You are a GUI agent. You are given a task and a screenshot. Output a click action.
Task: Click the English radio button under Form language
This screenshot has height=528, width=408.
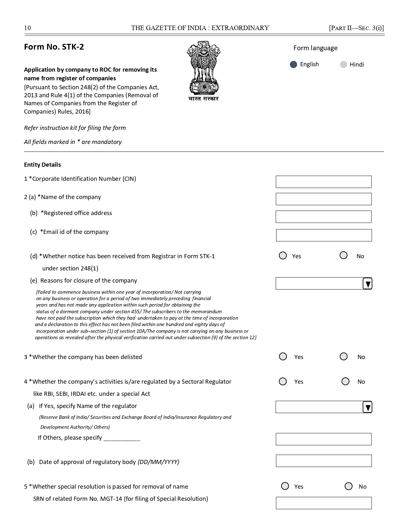point(293,65)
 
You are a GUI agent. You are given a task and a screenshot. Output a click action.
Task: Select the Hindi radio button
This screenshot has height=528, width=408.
point(343,65)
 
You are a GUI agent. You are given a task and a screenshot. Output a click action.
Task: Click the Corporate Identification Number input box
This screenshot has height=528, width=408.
point(324,182)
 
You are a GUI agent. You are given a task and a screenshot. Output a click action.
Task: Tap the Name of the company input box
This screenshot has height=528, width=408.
point(324,199)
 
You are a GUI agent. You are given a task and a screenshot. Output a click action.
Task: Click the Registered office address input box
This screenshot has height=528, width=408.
point(324,217)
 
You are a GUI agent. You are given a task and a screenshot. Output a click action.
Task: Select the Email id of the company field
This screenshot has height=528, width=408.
point(324,235)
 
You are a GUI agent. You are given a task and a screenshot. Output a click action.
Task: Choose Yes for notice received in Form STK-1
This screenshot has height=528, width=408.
point(283,255)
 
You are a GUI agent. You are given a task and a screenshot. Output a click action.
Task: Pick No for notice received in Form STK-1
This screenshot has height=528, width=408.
point(343,255)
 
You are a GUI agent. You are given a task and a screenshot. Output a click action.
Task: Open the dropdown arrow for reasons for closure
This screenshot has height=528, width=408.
point(367,284)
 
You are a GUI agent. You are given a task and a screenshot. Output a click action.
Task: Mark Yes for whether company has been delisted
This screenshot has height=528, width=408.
point(283,356)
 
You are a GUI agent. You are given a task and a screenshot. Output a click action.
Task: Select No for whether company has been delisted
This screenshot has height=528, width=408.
point(344,356)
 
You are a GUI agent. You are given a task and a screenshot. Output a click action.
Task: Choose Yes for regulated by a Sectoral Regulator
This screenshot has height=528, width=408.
point(283,381)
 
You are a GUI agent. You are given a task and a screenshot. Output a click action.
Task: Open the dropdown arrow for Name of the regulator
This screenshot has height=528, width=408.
point(367,407)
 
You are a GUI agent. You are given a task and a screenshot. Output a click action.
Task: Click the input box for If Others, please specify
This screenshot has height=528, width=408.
point(324,439)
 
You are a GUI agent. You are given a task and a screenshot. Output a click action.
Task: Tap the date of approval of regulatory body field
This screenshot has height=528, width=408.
point(324,461)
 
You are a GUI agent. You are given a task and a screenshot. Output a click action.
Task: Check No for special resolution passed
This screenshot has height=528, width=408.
point(348,486)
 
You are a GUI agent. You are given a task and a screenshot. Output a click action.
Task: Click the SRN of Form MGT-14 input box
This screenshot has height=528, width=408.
point(324,503)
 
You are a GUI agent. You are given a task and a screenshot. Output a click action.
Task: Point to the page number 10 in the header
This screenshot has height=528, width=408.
point(28,28)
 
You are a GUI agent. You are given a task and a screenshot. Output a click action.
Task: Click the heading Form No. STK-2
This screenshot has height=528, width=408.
point(54,47)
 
